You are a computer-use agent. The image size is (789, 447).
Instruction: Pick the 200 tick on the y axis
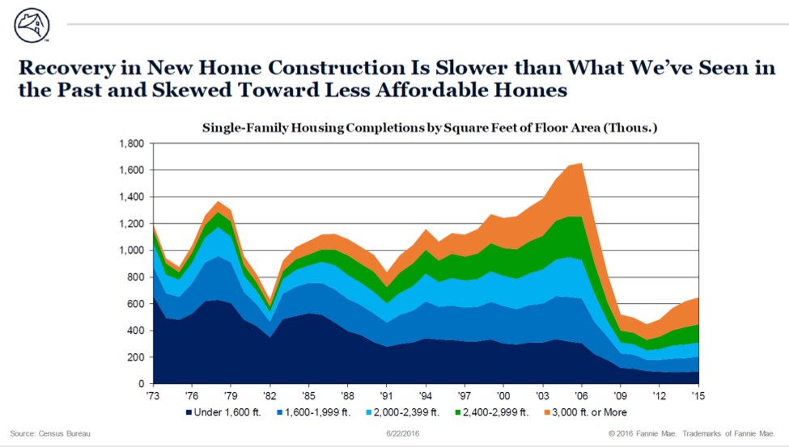click(x=134, y=357)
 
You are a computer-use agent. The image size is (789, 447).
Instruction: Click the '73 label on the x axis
click(x=152, y=396)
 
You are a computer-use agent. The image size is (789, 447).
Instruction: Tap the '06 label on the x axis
click(x=580, y=396)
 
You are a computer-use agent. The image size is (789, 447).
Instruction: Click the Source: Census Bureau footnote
click(x=50, y=434)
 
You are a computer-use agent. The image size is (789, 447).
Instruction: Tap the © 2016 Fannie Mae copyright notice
click(x=693, y=434)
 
